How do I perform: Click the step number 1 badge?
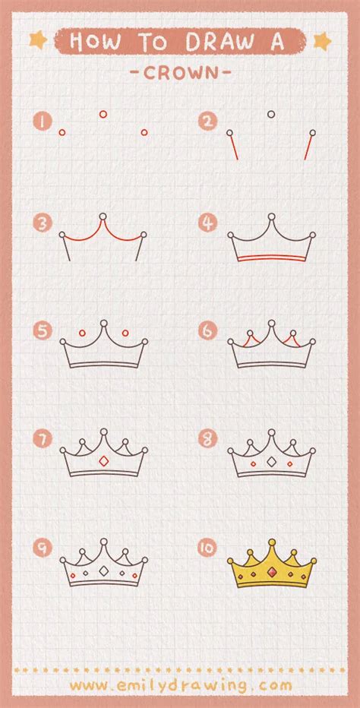[x=42, y=122]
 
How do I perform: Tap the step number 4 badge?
[x=208, y=223]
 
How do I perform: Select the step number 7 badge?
[x=42, y=438]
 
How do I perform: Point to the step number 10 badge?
[x=208, y=547]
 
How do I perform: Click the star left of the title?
[x=38, y=40]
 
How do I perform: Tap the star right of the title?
[x=322, y=40]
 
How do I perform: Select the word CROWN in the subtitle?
[x=180, y=73]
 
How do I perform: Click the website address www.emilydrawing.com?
[x=181, y=685]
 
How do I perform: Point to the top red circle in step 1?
[x=103, y=114]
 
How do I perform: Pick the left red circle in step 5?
[x=82, y=333]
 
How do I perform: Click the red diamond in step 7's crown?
[x=103, y=461]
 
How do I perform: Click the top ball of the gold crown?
[x=271, y=542]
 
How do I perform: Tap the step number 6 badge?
[x=208, y=331]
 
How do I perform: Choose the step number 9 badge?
[x=42, y=547]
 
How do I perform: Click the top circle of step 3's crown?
[x=103, y=217]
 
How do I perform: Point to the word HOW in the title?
[x=96, y=42]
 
